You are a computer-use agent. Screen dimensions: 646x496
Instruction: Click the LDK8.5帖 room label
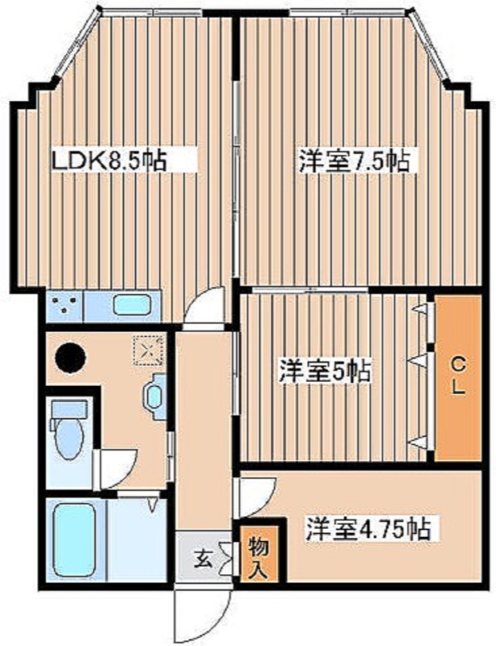(x=108, y=161)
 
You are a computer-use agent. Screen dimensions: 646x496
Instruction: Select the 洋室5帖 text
(x=325, y=371)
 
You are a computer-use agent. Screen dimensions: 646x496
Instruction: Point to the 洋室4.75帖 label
(x=367, y=530)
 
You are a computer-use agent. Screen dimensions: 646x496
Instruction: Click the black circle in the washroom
(x=69, y=354)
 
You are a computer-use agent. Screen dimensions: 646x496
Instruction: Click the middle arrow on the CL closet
(x=419, y=356)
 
